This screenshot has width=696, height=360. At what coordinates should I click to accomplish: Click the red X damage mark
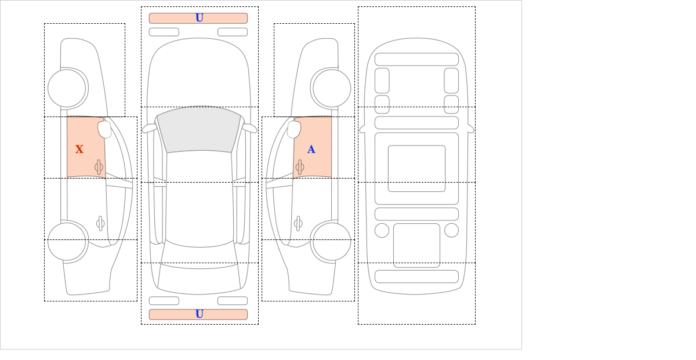(x=79, y=150)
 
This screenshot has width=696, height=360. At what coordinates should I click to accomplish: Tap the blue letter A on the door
(x=311, y=150)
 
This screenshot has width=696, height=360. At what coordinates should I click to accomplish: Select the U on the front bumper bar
(x=199, y=18)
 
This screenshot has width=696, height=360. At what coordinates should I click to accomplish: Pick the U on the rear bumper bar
(x=199, y=314)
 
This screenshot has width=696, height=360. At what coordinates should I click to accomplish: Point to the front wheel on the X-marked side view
(x=67, y=88)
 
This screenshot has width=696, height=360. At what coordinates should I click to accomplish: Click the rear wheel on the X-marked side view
(x=67, y=241)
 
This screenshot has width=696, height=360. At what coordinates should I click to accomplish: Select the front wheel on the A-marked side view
(x=332, y=88)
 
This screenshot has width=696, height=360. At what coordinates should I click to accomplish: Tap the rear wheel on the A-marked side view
(x=331, y=241)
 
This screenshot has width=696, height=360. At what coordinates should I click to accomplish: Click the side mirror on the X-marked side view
(x=104, y=129)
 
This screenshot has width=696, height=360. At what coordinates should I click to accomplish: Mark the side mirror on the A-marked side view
(x=294, y=129)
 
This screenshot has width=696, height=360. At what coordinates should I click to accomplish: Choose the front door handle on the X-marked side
(x=99, y=168)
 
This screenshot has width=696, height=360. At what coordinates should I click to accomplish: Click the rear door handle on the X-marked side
(x=100, y=223)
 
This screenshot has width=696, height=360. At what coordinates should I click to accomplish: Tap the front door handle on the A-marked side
(x=300, y=168)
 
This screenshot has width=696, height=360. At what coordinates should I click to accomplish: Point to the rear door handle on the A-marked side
(x=298, y=223)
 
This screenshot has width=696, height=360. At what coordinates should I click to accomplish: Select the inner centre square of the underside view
(x=416, y=169)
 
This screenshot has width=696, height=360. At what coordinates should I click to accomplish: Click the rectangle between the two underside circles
(x=416, y=245)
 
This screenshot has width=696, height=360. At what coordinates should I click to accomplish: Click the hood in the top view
(x=199, y=72)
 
